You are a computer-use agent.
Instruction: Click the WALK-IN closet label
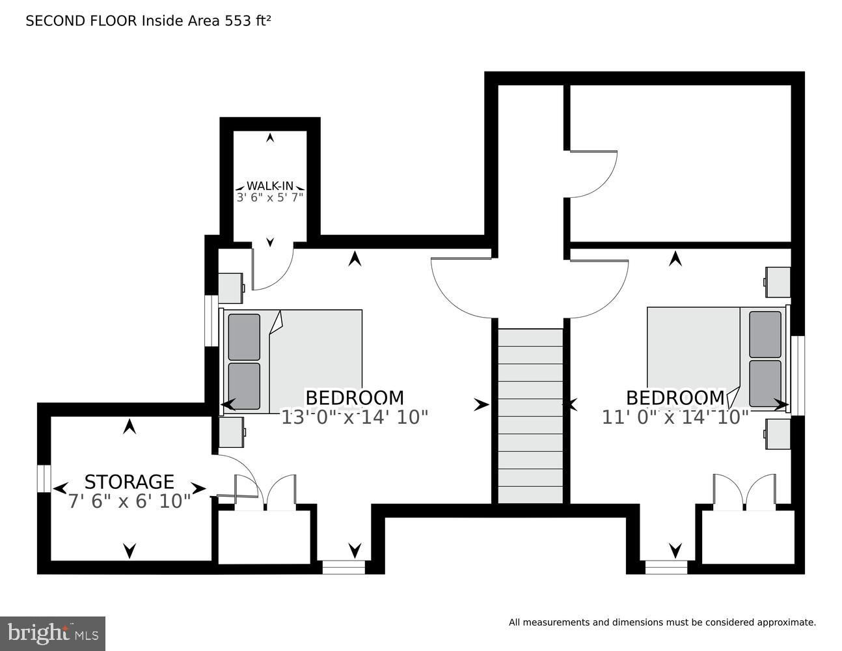click(x=269, y=186)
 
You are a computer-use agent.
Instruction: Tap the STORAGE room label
click(x=129, y=482)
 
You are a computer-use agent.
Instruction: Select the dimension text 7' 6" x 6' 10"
click(x=129, y=501)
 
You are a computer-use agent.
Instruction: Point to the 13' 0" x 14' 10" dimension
click(x=354, y=418)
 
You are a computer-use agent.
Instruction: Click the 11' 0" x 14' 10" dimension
click(x=675, y=418)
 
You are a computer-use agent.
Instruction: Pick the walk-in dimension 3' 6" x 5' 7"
click(x=269, y=198)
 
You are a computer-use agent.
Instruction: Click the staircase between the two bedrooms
click(x=530, y=416)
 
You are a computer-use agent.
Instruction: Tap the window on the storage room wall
click(x=44, y=478)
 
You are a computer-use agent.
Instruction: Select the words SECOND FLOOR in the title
click(x=81, y=21)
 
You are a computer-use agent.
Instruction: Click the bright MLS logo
click(x=53, y=633)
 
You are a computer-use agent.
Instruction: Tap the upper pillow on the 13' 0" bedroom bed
click(x=244, y=337)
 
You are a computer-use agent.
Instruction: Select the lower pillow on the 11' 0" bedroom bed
click(x=765, y=383)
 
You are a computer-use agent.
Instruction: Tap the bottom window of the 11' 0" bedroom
click(x=666, y=567)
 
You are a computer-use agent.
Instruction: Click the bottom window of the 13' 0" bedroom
click(x=344, y=567)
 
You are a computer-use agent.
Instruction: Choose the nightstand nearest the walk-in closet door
click(x=231, y=288)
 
